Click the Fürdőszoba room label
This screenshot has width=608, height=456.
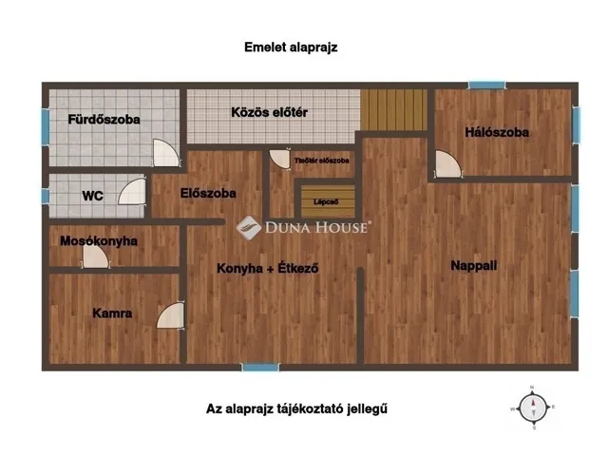coord(104,120)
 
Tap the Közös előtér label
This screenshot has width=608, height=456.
coord(270,112)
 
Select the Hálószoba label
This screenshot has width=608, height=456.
coord(497,132)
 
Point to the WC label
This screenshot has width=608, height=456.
coord(92,196)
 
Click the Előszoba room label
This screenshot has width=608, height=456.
coord(208,193)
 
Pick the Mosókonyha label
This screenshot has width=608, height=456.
coord(99,241)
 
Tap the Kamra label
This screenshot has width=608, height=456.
coord(112,313)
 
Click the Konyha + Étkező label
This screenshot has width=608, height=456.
coord(267,268)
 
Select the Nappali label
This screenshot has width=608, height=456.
coord(473,266)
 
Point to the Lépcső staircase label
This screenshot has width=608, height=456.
coord(327,201)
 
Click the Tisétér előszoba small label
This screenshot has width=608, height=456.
coord(322,161)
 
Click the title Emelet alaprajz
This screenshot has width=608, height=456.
coord(291,46)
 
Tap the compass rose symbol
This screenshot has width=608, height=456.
coord(534,407)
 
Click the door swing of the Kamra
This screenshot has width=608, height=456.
coord(170,315)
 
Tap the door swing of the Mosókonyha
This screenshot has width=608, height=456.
coord(95,256)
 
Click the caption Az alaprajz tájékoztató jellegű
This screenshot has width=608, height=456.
coord(297,409)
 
